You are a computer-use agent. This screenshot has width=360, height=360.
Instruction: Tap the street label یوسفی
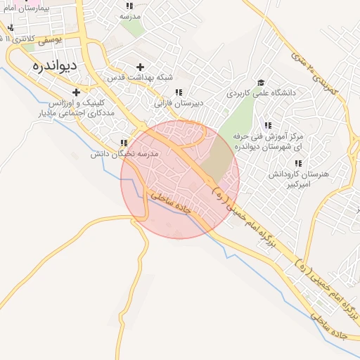coord(50,41)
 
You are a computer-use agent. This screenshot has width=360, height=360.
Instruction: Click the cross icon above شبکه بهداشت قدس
coord(141,67)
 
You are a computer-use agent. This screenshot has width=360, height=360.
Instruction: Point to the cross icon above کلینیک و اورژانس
coord(76,92)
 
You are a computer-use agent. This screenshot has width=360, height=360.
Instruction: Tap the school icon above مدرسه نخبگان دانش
coord(124,143)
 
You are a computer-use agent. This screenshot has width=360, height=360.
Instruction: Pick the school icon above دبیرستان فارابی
coord(179,92)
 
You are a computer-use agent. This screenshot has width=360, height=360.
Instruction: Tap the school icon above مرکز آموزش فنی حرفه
coord(268,125)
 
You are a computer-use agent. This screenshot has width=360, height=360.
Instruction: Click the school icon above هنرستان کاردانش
coord(298,163)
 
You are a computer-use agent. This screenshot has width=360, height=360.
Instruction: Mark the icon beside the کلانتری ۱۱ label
coord(11,28)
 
